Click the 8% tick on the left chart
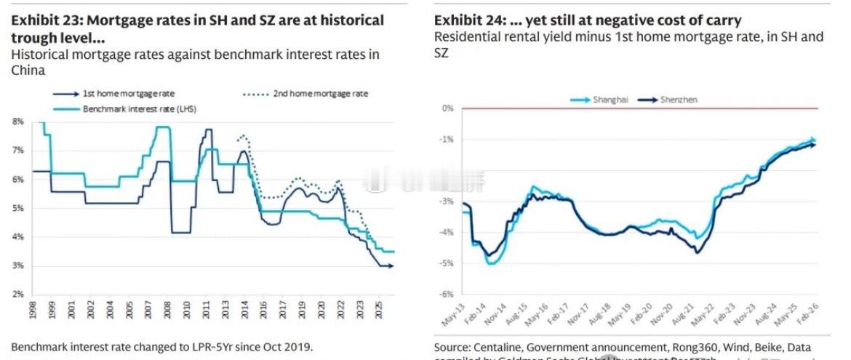(18, 122)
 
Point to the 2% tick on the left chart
(18, 295)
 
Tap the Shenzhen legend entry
(676, 100)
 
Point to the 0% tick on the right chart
(448, 108)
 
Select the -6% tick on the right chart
(448, 294)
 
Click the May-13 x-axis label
(453, 314)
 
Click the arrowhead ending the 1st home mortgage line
(391, 266)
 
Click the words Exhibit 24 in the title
(463, 21)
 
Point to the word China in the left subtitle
(28, 71)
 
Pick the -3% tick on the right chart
(448, 201)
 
